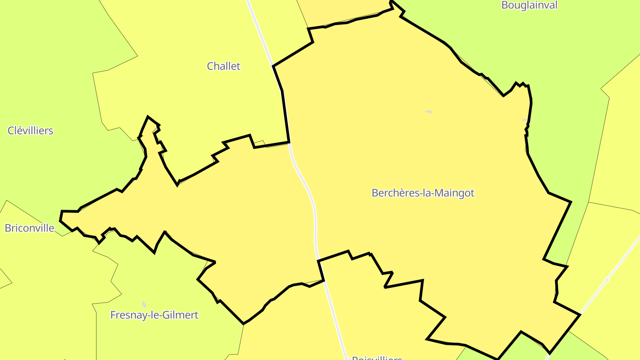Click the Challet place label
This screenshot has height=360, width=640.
[224, 66]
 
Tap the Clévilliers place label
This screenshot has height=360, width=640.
[30, 131]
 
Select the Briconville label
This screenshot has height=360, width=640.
[29, 228]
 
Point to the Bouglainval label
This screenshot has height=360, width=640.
[529, 5]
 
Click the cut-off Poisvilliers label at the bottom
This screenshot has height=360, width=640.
[377, 357]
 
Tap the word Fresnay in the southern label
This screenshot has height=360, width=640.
[126, 315]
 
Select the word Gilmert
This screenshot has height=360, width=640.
[180, 315]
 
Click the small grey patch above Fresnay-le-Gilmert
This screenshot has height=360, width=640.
[144, 304]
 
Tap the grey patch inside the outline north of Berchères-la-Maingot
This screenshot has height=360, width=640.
[428, 112]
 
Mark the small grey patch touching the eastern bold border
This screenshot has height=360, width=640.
[525, 120]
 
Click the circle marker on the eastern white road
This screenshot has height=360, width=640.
[607, 280]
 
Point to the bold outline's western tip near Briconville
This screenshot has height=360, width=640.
[60, 219]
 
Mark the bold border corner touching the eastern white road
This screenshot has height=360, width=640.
[580, 315]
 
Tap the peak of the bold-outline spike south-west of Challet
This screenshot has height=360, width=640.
[148, 117]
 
